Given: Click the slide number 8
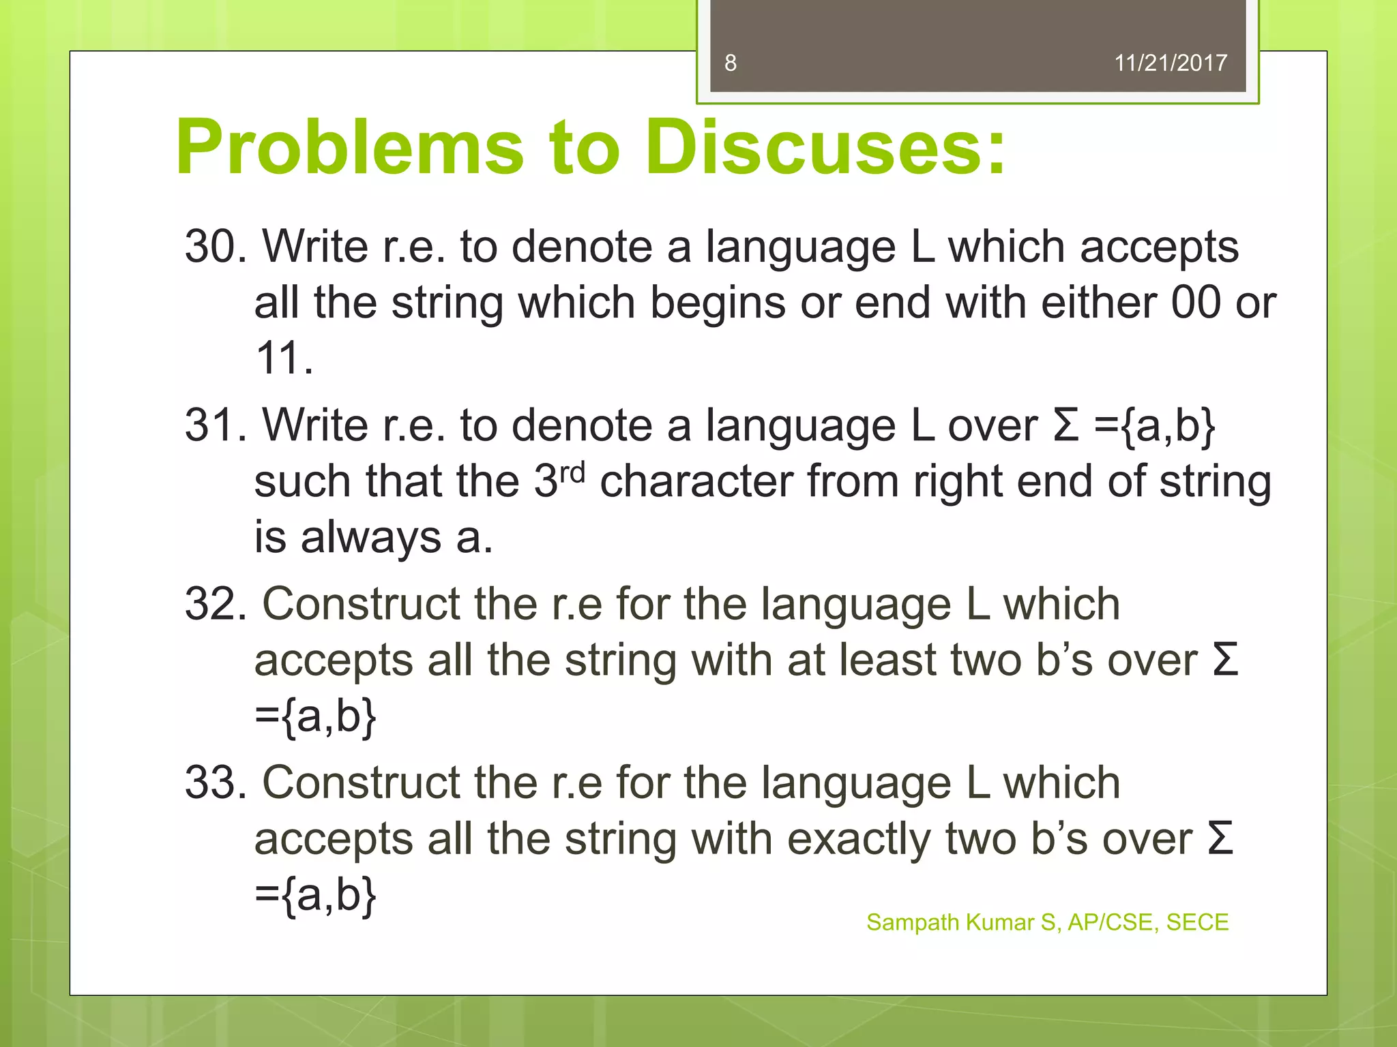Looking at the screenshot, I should pos(730,63).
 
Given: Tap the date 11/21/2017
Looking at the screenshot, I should pos(1170,63).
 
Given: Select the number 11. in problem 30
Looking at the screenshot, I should pos(284,358).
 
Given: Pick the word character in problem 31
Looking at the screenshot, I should pos(696,481).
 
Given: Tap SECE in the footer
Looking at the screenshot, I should pos(1197,922).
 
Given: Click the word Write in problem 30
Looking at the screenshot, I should pos(315,246).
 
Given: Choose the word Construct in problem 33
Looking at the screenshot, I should pos(362,783).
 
